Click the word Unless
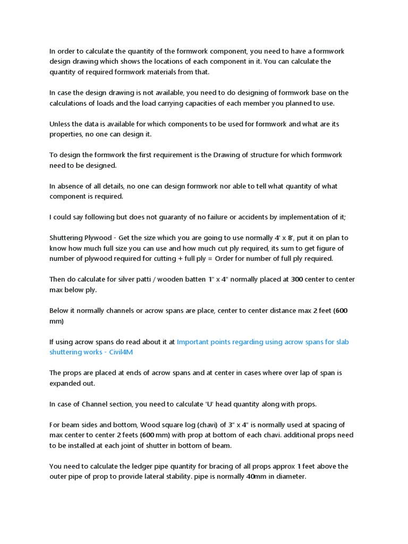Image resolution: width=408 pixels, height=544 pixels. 60,124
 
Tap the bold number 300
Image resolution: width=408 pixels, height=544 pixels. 297,279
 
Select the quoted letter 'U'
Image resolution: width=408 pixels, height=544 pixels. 211,404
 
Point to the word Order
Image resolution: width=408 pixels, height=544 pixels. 225,259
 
